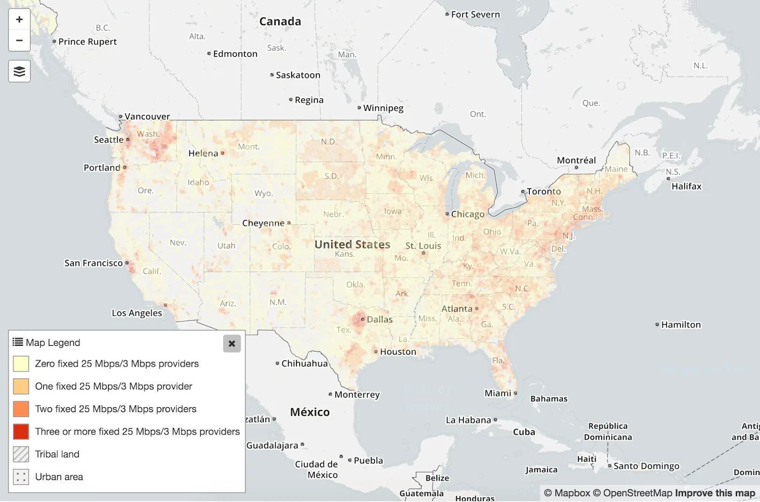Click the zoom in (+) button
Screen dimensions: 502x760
[x=19, y=20]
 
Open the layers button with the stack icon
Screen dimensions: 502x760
[x=19, y=71]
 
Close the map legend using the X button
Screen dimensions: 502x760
[x=232, y=344]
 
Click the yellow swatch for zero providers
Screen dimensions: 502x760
[x=21, y=364]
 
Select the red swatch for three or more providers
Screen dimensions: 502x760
[x=21, y=432]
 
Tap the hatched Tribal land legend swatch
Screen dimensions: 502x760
[x=21, y=454]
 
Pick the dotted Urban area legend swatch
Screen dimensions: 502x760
[x=21, y=477]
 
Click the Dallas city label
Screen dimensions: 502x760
[x=379, y=320]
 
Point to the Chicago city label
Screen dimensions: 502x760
[x=467, y=214]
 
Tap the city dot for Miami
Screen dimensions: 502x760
[x=515, y=393]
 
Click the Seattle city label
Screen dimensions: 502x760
[x=109, y=140]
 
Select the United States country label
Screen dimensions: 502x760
[x=352, y=245]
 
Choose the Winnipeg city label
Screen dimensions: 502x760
[x=383, y=108]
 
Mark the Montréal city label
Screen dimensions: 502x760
[x=576, y=161]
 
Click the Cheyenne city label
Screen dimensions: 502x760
[x=263, y=223]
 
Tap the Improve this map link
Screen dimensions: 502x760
[x=715, y=493]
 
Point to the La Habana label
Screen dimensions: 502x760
[x=468, y=420]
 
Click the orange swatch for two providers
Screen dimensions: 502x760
[x=21, y=409]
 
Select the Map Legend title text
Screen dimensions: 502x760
[x=52, y=343]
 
